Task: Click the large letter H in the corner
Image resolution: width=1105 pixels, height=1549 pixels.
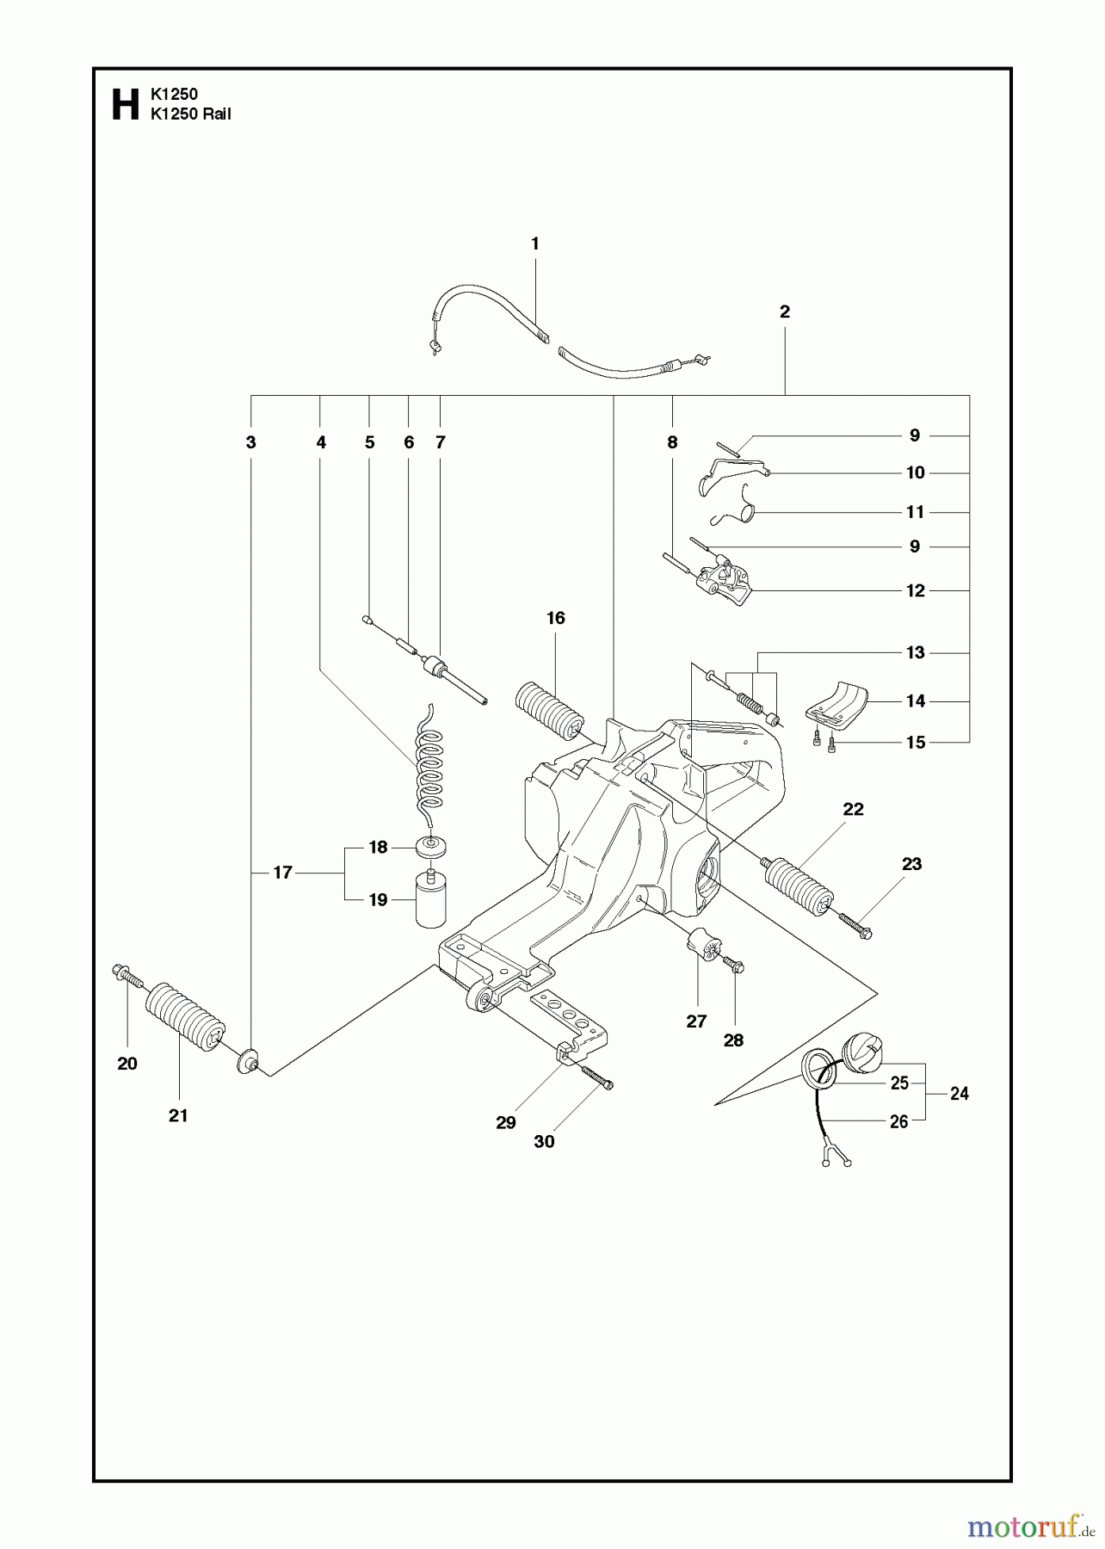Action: tap(126, 104)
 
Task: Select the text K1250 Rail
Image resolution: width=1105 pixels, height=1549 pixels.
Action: tap(190, 114)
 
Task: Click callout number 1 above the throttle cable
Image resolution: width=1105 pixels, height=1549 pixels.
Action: tap(534, 244)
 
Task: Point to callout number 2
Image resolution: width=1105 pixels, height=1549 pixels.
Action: tap(784, 312)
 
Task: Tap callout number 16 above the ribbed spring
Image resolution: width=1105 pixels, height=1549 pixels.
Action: tap(555, 618)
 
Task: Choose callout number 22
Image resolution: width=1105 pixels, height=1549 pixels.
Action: tap(853, 809)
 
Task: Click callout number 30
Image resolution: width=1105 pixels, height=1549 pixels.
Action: tap(544, 1142)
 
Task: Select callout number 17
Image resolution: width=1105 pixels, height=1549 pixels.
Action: tap(283, 873)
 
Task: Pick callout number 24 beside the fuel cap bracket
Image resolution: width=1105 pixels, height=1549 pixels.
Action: tap(959, 1094)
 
